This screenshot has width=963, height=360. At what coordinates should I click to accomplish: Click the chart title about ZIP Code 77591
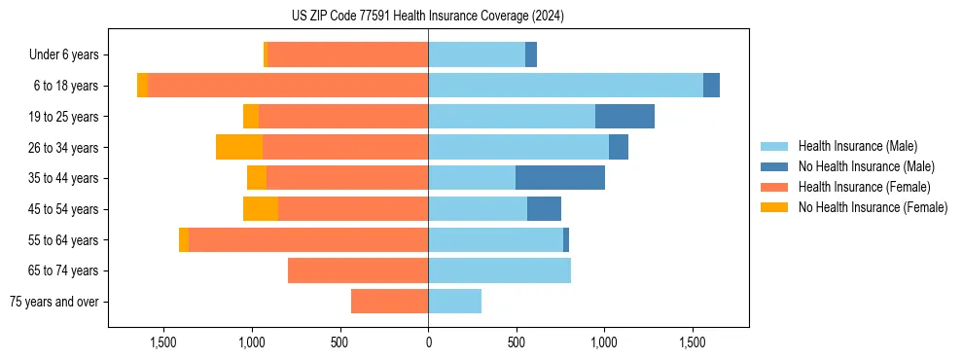point(427,16)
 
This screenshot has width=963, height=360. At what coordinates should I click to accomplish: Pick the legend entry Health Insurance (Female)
point(857,187)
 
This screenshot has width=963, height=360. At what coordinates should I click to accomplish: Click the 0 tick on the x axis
point(428,343)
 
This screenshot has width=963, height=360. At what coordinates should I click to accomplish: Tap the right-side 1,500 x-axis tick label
point(693,343)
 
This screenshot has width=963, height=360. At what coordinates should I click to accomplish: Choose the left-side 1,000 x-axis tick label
point(252,343)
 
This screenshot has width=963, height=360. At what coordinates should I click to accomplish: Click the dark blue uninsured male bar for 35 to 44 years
point(560,178)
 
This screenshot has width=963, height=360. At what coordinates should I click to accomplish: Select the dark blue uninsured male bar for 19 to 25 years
point(624,117)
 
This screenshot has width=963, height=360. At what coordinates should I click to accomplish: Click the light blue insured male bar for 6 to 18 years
point(565,86)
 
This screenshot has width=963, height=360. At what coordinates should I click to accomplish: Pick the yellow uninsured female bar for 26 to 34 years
point(239,147)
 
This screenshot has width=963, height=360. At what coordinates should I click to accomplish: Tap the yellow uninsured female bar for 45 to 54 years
point(261,209)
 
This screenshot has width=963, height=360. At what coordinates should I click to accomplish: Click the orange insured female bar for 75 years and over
point(389,302)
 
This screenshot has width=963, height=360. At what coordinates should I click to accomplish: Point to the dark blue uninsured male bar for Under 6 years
point(531,55)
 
